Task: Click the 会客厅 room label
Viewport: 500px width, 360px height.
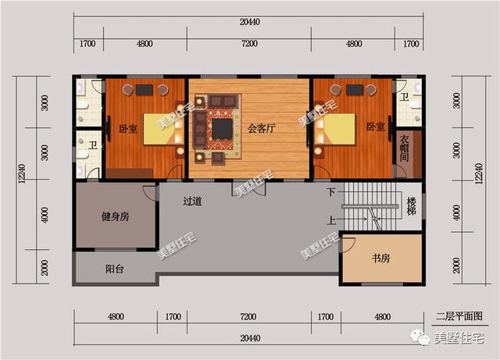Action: click(x=261, y=129)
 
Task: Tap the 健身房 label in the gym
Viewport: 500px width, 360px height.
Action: click(x=115, y=217)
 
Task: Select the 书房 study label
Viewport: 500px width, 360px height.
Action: click(x=380, y=258)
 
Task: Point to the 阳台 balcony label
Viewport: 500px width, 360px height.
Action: click(x=115, y=269)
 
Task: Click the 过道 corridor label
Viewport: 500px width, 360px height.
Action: click(x=192, y=201)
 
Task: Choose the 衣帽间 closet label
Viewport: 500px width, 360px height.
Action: click(x=405, y=148)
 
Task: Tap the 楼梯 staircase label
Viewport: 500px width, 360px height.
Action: click(x=412, y=206)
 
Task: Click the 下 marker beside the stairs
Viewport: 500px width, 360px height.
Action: click(x=331, y=192)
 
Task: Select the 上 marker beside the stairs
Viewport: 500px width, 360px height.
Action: click(x=331, y=219)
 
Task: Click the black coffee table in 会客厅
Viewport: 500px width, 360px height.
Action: click(x=222, y=129)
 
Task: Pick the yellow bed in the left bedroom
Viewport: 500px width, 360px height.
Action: click(x=159, y=129)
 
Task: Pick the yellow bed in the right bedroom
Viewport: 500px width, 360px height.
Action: click(x=339, y=129)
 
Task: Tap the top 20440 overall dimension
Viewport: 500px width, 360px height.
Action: click(x=250, y=22)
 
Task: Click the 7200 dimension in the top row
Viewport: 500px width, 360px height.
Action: click(x=249, y=44)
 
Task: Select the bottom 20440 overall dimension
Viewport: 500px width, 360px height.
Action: click(x=250, y=338)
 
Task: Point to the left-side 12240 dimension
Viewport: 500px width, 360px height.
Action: click(x=22, y=174)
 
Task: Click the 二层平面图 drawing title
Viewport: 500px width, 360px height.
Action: click(x=459, y=316)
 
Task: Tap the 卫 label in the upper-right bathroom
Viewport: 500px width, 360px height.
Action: click(x=405, y=97)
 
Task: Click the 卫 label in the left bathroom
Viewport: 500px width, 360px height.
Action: click(x=93, y=146)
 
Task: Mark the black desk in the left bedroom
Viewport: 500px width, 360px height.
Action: click(x=144, y=90)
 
